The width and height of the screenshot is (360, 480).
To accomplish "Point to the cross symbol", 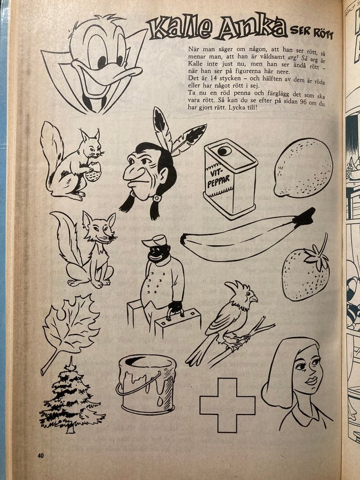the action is coord(227,405).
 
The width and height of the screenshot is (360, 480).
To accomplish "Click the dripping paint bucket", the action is coord(146,384).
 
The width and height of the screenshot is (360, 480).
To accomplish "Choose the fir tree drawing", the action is coord(71,397).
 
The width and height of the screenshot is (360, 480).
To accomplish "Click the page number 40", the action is coord(41,455).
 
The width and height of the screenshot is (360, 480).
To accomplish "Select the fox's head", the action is coord(100,227).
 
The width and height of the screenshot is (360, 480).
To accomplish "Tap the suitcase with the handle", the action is coord(177,322).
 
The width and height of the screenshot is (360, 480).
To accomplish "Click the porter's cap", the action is coord(155,241).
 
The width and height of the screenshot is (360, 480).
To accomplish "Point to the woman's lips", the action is coord(311,381).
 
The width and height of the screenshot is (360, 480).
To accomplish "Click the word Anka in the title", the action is coord(251,28).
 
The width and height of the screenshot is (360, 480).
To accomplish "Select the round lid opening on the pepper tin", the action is coord(225,151).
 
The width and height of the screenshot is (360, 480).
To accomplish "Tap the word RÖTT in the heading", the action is coord(323,33).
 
